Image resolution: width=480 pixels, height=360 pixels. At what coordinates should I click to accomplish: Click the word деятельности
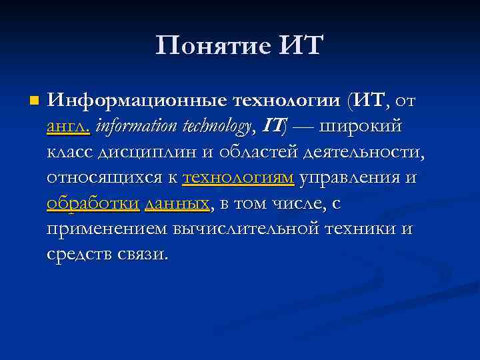pyautogui.click(x=363, y=152)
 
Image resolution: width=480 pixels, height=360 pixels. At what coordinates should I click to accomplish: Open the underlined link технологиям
pyautogui.click(x=238, y=177)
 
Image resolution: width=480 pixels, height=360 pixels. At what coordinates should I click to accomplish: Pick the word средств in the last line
pyautogui.click(x=79, y=254)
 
